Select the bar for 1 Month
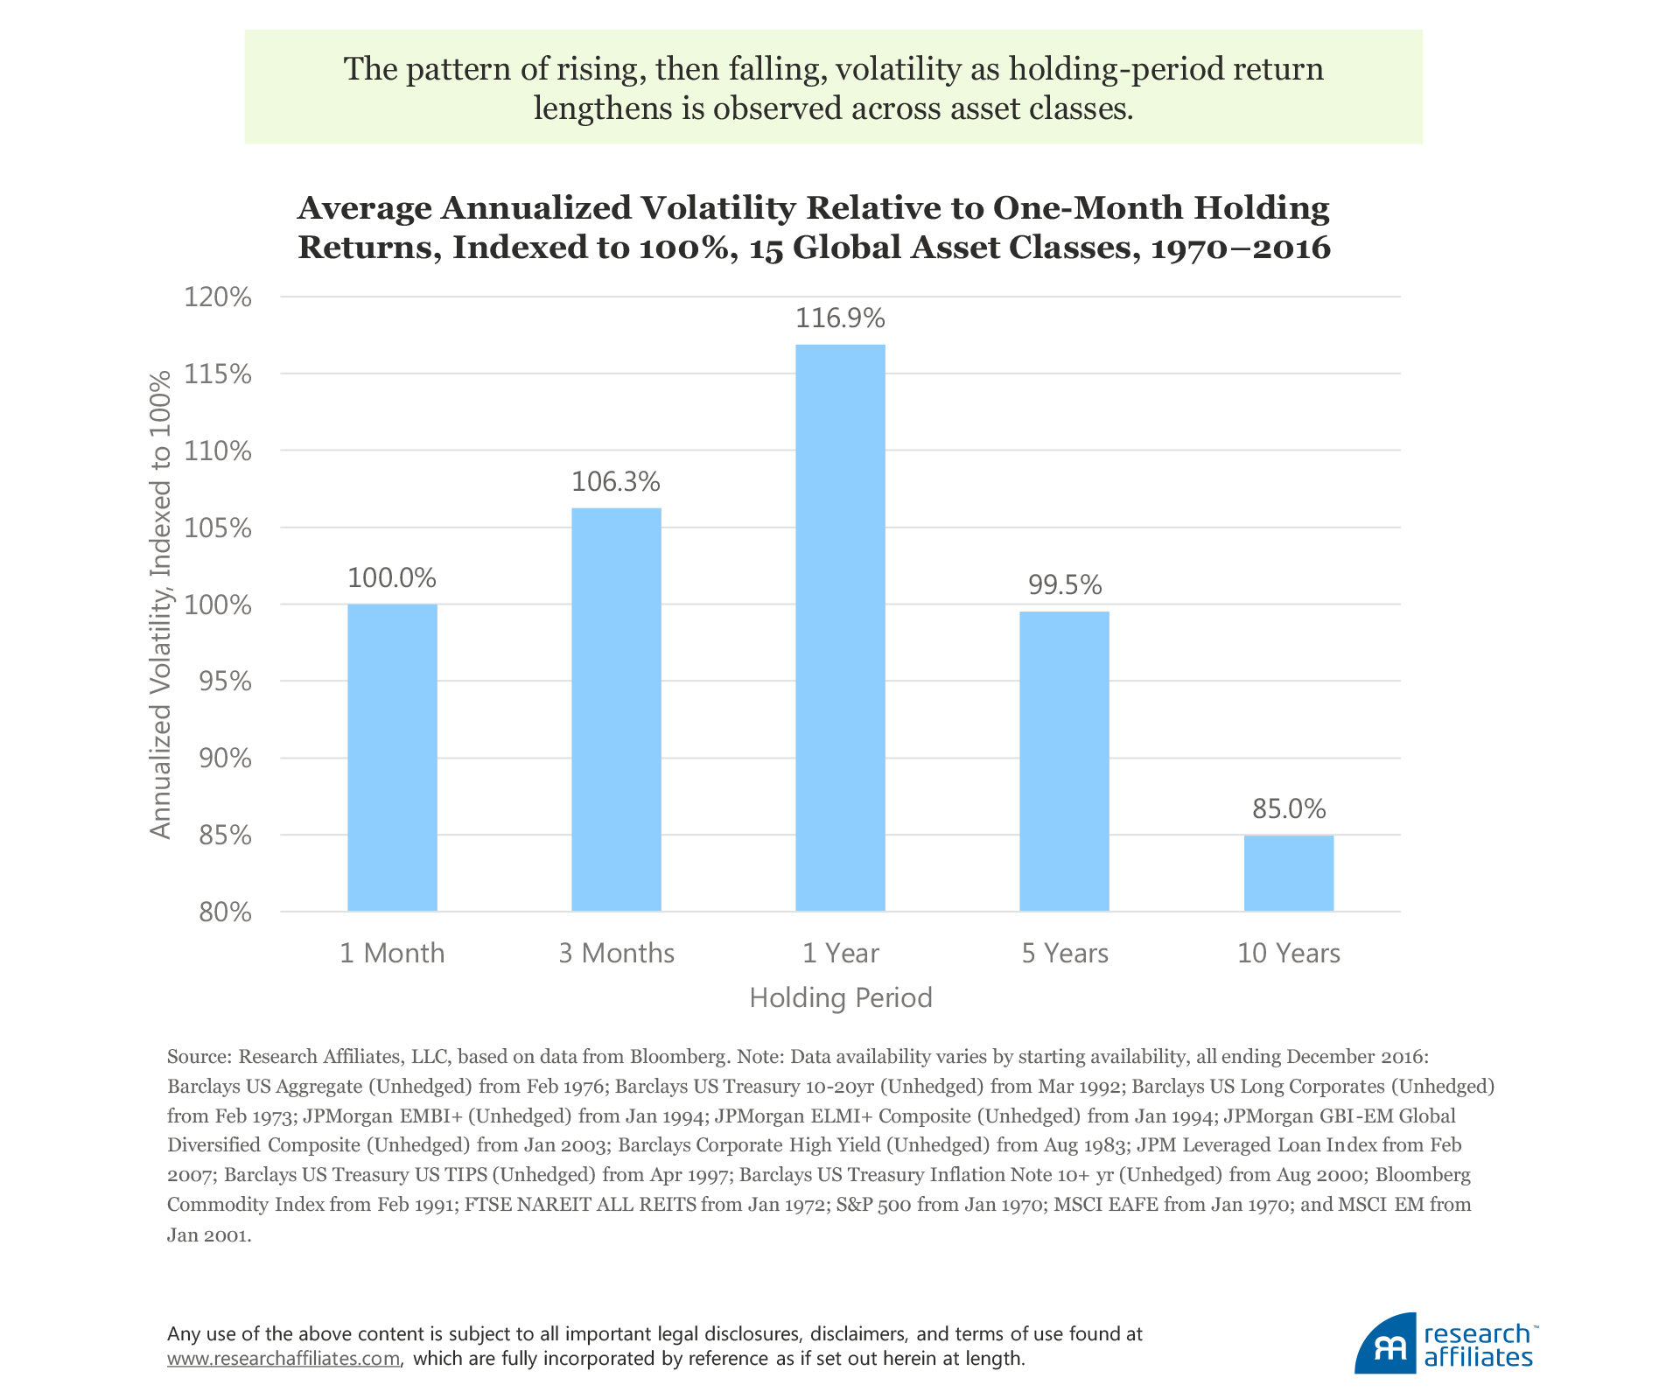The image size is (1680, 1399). point(392,758)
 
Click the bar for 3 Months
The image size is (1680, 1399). point(616,710)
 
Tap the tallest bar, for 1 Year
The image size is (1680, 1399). point(840,627)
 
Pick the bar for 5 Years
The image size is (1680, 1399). point(1064,761)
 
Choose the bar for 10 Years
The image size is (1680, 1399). point(1288,873)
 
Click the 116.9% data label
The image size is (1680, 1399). point(840,318)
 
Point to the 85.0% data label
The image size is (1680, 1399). point(1288,808)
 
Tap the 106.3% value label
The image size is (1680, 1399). point(616,481)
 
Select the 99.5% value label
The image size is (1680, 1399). point(1064,584)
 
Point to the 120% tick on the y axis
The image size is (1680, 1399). point(218,297)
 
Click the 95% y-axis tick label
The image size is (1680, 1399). point(223,682)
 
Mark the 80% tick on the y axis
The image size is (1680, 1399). point(224,913)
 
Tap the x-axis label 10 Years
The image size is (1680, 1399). point(1288,953)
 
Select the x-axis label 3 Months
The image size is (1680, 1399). point(616,953)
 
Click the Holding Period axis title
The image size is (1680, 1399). point(840,997)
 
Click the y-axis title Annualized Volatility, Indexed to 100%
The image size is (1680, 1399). point(160,605)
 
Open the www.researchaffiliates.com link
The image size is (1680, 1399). point(283,1359)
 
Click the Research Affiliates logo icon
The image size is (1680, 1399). point(1385,1345)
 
